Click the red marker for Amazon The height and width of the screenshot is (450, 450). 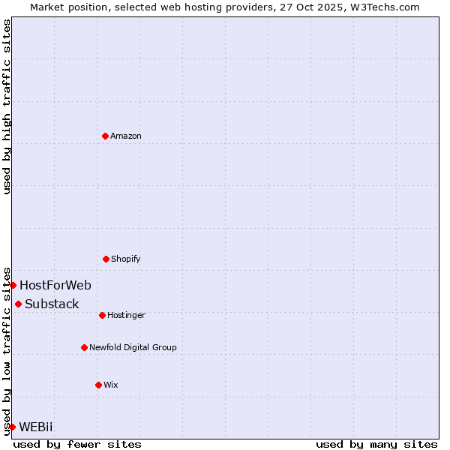(105, 136)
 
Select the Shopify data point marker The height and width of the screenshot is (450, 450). (106, 259)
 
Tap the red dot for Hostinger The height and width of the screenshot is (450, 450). (102, 315)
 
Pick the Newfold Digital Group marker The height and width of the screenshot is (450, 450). (84, 347)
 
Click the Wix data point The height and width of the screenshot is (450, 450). (98, 385)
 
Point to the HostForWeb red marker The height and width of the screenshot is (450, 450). (13, 285)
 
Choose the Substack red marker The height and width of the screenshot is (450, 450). (18, 304)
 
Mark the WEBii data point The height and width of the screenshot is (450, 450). (12, 427)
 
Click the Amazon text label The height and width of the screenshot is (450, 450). (126, 136)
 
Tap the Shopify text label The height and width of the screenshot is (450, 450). (126, 259)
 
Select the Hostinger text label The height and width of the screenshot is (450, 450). (126, 315)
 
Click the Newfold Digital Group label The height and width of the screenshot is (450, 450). (133, 347)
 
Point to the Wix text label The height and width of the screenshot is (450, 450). (111, 385)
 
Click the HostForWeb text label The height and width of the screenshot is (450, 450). (55, 285)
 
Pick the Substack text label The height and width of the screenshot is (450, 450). (52, 304)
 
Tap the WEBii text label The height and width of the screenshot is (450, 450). (36, 427)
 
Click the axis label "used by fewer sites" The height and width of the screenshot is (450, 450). (77, 444)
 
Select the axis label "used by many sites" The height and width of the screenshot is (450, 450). (376, 444)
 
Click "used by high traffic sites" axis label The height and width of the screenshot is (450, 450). (7, 106)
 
